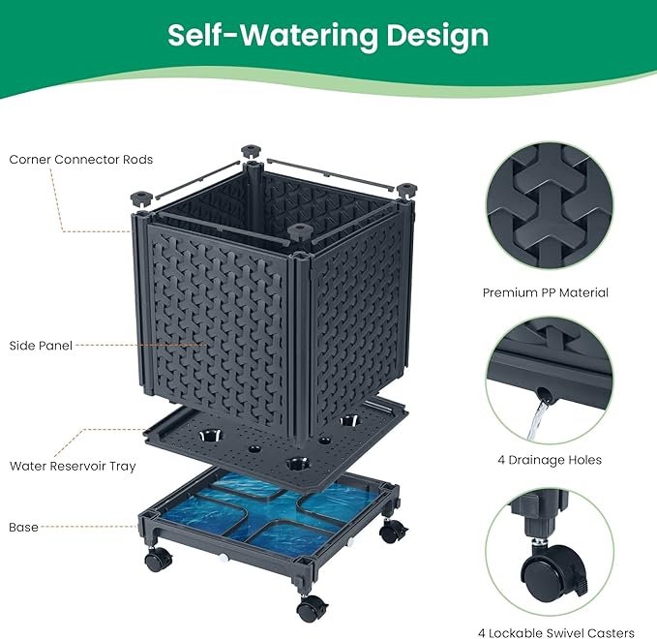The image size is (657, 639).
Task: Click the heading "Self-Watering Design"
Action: click(x=328, y=36)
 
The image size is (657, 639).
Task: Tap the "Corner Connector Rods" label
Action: click(x=81, y=160)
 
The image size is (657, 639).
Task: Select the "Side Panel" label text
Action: click(x=41, y=346)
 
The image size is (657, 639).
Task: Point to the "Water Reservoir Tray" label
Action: click(x=73, y=466)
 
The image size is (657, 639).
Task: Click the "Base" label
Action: click(x=23, y=527)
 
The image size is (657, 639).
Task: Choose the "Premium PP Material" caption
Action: click(x=545, y=292)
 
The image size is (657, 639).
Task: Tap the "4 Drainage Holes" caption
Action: click(x=550, y=460)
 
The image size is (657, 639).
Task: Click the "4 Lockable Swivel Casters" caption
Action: click(x=556, y=632)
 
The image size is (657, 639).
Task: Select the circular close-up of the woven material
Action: click(x=550, y=206)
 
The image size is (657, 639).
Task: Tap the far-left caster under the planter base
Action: click(x=158, y=560)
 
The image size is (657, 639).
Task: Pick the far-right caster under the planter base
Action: click(x=393, y=532)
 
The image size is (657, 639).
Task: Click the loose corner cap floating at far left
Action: click(x=141, y=198)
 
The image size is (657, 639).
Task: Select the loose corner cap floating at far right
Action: click(x=405, y=189)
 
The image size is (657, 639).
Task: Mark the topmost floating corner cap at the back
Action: click(x=251, y=151)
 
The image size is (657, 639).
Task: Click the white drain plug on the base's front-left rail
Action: click(x=224, y=558)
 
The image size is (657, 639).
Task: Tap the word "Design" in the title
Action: click(x=437, y=37)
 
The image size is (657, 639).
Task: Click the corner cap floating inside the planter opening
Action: click(x=300, y=231)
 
